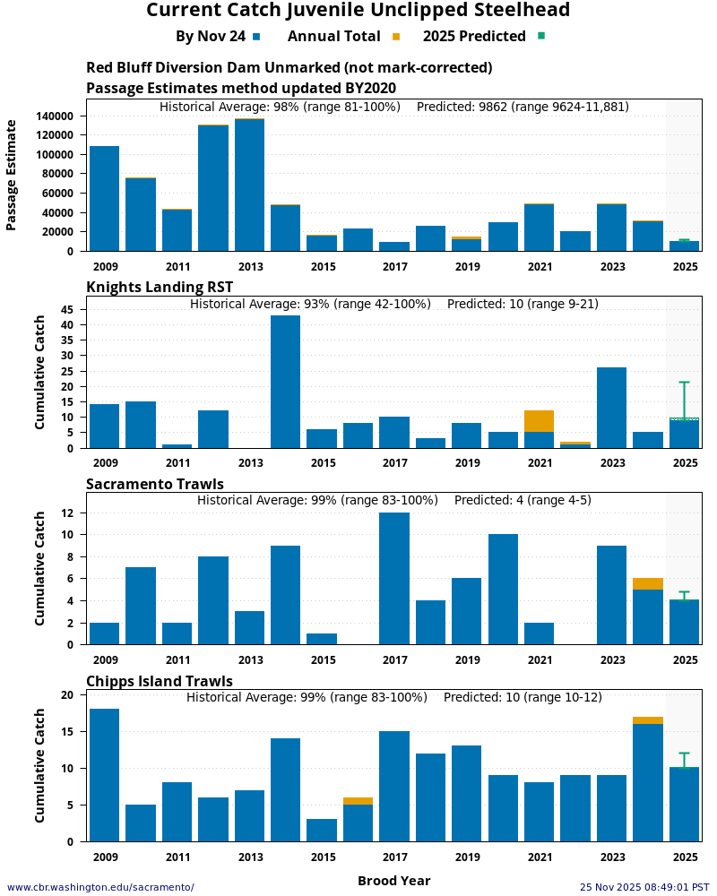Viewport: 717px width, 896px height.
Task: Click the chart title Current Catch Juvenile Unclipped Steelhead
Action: point(358,11)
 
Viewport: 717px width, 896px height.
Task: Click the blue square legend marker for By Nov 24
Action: point(256,37)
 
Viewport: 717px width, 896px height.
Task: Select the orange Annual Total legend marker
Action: point(396,37)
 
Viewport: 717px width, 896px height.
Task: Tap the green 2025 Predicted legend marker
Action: point(541,37)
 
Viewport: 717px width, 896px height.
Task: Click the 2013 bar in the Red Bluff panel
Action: point(249,185)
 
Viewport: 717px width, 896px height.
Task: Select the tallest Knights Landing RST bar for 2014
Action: point(285,382)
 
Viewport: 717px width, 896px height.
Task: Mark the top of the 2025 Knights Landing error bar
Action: point(684,383)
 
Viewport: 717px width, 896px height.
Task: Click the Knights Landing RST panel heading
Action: point(160,287)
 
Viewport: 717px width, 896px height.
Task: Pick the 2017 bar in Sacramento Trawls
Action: point(394,578)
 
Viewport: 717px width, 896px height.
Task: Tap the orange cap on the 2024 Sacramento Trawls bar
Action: point(647,583)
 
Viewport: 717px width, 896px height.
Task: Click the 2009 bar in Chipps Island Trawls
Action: point(104,775)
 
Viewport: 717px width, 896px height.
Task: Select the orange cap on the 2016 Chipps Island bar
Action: point(358,801)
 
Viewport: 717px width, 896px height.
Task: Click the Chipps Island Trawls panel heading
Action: point(160,681)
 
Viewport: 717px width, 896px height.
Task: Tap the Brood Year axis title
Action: point(393,881)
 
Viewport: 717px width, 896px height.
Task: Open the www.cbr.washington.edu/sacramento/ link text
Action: point(100,887)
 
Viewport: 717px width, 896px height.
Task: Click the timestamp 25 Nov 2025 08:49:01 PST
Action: point(644,887)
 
